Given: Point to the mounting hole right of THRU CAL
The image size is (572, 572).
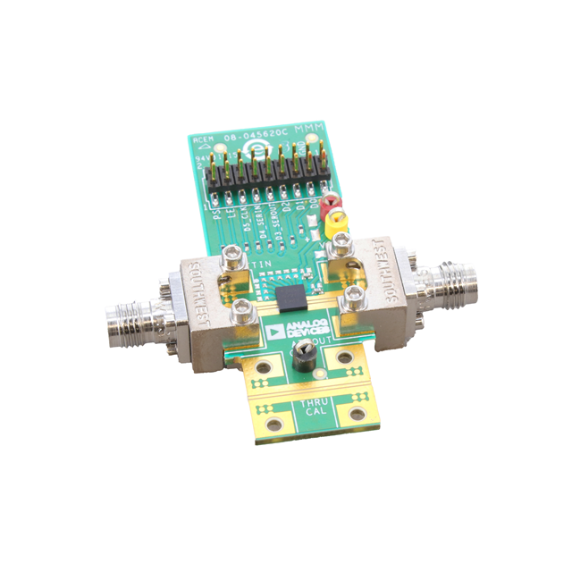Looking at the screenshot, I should (x=357, y=413).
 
